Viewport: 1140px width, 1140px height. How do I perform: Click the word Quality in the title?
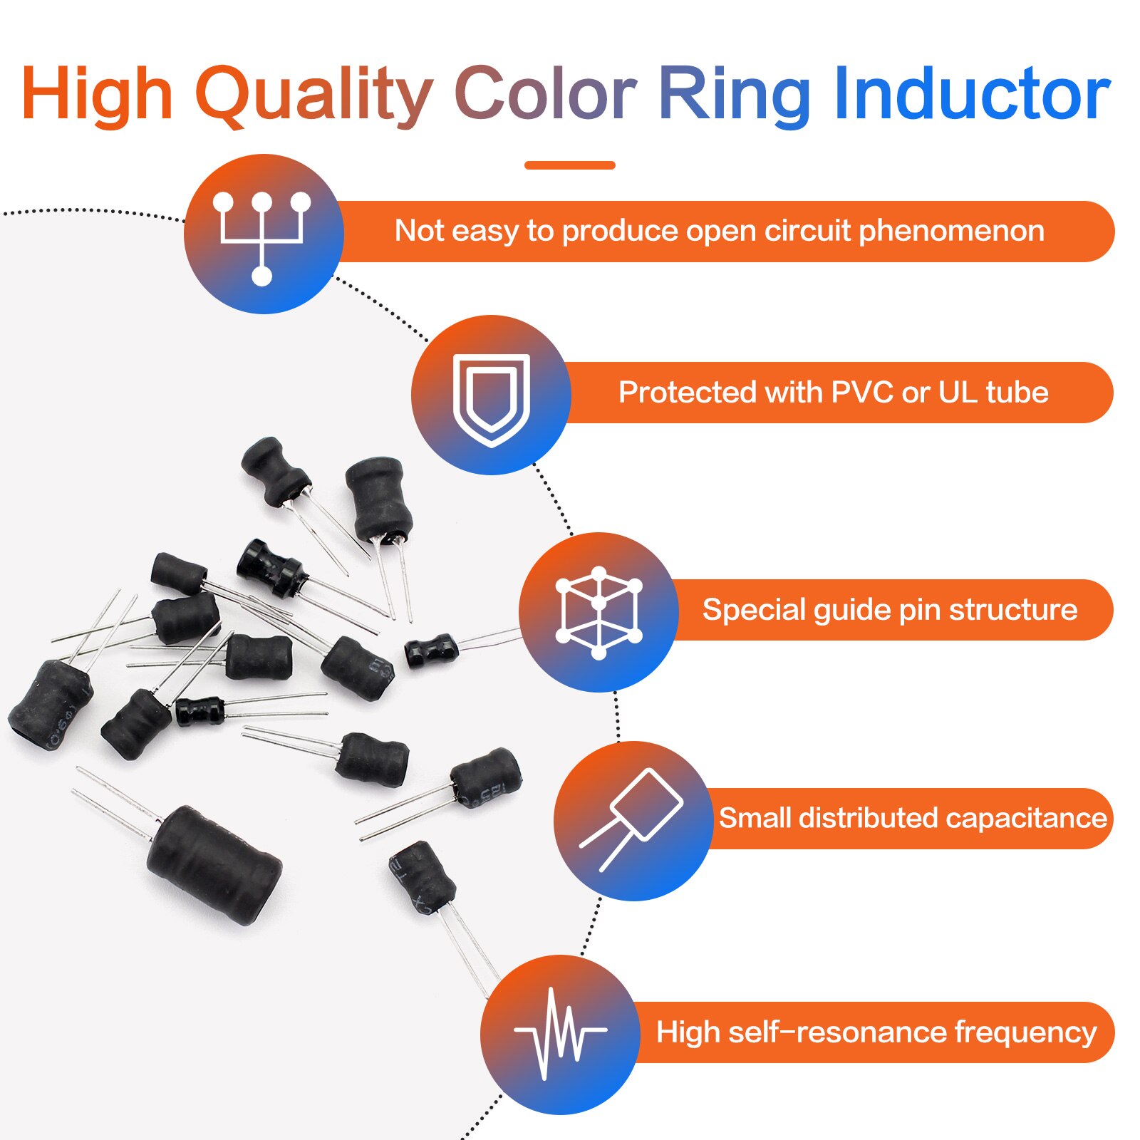[x=314, y=95]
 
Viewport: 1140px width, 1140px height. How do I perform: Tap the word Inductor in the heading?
[x=972, y=94]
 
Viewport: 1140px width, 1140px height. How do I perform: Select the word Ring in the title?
[x=734, y=97]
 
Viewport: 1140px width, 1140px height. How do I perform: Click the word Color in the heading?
[x=545, y=94]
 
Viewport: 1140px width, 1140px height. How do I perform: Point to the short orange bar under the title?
[x=569, y=165]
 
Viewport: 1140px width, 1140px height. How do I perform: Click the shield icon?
[x=492, y=400]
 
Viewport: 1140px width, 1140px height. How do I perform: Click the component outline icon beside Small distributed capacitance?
[x=631, y=820]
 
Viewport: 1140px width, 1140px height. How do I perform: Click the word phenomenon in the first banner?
[x=951, y=232]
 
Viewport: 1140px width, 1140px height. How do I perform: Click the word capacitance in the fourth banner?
[x=1026, y=819]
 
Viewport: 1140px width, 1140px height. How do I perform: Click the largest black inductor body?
[x=214, y=865]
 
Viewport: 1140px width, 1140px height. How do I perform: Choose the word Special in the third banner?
[x=753, y=611]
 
